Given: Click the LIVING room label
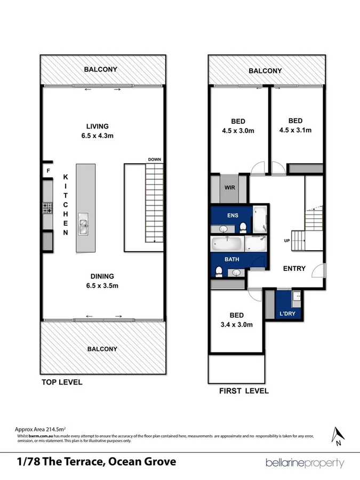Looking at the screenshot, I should pyautogui.click(x=98, y=126).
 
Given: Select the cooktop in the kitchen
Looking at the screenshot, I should pyautogui.click(x=46, y=207).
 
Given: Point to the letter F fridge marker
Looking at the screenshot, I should pyautogui.click(x=48, y=171).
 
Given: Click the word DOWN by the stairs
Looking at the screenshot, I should pyautogui.click(x=155, y=159).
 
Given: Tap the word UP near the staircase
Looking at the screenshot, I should pyautogui.click(x=286, y=241).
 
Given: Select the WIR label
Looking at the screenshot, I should pyautogui.click(x=230, y=188).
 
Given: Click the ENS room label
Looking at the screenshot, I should pyautogui.click(x=231, y=215).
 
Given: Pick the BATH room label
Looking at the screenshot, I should pyautogui.click(x=231, y=259).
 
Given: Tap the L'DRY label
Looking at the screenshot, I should pyautogui.click(x=288, y=314).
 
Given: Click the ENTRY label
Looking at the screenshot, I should pyautogui.click(x=294, y=268).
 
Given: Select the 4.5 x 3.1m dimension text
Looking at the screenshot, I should pyautogui.click(x=295, y=130).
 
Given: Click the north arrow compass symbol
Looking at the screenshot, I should pyautogui.click(x=337, y=435).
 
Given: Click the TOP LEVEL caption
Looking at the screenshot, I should pyautogui.click(x=62, y=382).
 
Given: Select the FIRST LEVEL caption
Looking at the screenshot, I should pyautogui.click(x=244, y=391).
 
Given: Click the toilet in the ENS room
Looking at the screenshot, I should pyautogui.click(x=243, y=228).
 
